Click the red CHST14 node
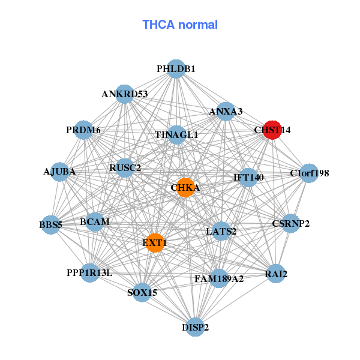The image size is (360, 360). coord(272,130)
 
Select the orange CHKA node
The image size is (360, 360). coord(185,187)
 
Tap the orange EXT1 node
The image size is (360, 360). coord(155,243)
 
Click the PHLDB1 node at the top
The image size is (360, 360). coord(176,69)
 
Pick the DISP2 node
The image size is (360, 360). coord(195,327)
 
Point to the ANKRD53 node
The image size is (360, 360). coord(124,94)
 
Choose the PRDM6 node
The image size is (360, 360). coord(84,130)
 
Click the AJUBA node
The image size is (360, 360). coord(59,172)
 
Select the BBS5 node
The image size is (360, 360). coord(51,226)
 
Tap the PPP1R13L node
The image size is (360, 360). coord(89,273)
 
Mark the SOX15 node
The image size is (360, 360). coord(142,293)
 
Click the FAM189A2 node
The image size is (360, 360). coord(218,278)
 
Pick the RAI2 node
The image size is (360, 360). coord(276,275)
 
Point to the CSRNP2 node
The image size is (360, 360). coord(290,224)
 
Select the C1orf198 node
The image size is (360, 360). coord(309,173)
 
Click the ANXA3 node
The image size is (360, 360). coord(226,111)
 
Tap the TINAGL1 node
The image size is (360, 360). coord(176,134)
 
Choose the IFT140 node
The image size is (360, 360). coord(248,177)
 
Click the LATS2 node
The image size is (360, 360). coord(221,231)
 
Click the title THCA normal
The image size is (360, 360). coord(180,25)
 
